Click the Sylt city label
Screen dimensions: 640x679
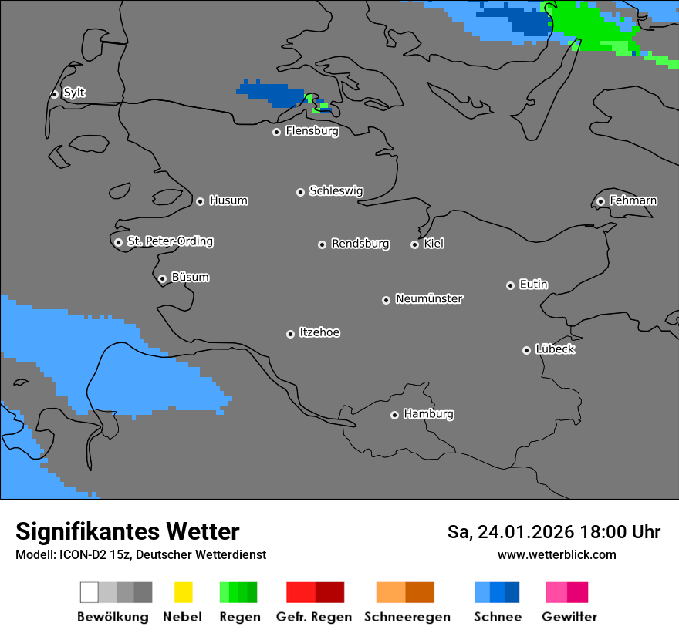point(74,93)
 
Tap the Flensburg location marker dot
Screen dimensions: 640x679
point(276,132)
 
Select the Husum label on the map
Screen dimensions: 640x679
point(228,201)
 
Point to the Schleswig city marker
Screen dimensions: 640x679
point(300,192)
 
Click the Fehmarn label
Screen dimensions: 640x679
point(633,201)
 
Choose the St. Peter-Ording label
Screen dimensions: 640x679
point(170,242)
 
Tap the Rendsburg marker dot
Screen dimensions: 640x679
point(322,244)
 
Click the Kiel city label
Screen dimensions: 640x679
point(434,244)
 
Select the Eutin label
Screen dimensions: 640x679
point(533,285)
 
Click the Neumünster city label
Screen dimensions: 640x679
point(429,299)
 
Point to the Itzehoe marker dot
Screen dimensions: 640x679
point(290,334)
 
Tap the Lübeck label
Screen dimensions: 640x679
point(555,350)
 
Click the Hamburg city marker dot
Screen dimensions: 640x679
point(394,415)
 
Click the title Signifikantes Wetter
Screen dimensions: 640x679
point(127,532)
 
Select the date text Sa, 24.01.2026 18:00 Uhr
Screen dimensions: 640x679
point(553,533)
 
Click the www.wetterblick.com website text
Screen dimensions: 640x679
point(556,555)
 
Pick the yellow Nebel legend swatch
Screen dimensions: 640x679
point(183,592)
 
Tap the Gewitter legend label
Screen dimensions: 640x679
point(569,617)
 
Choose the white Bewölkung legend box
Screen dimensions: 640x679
point(90,592)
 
